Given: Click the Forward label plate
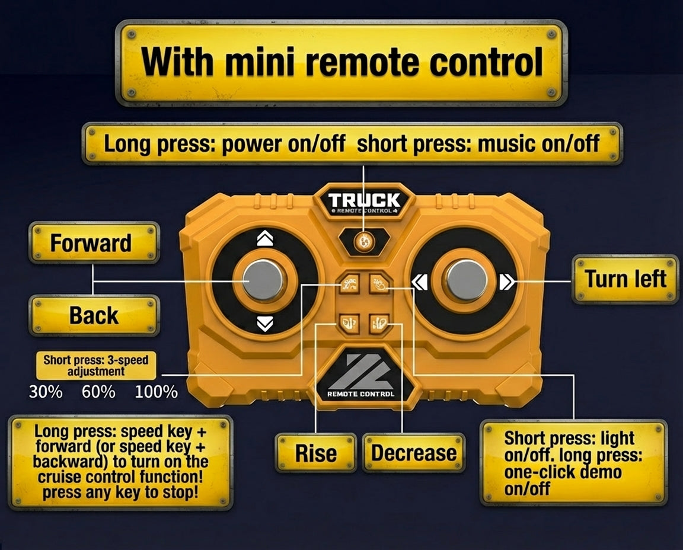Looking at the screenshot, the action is click(94, 242).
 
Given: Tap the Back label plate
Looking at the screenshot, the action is click(94, 315).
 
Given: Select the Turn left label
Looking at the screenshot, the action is click(625, 279).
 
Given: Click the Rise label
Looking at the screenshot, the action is click(316, 453).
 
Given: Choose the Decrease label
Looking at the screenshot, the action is click(414, 453).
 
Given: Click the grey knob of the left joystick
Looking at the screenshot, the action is click(263, 280).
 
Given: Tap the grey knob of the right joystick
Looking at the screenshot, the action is click(467, 280).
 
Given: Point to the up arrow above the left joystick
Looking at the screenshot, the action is click(265, 238).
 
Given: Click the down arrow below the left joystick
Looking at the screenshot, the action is click(265, 324).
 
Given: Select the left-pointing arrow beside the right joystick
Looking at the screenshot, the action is click(420, 282).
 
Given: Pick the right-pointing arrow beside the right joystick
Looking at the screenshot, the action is click(507, 282).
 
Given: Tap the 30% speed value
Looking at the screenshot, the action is click(46, 392).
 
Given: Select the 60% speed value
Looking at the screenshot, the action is click(98, 392).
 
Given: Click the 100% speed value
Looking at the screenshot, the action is click(156, 392).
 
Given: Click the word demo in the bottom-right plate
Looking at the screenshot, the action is click(600, 472).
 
